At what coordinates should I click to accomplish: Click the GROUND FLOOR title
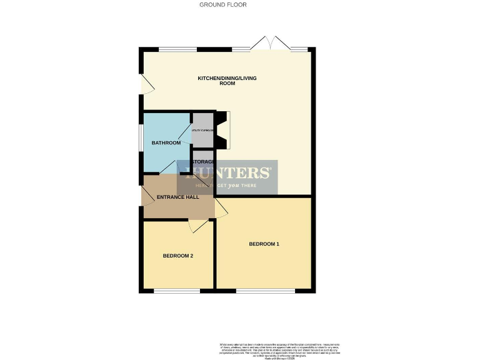222,4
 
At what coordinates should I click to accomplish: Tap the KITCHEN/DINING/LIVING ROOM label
227,81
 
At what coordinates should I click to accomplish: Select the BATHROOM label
166,143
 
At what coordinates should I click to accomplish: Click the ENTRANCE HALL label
178,197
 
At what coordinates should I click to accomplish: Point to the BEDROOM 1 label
264,244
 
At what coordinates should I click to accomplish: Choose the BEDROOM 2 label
177,256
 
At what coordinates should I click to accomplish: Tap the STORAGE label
202,162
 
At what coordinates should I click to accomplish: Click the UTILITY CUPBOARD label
203,131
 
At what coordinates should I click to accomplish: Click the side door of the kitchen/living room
146,85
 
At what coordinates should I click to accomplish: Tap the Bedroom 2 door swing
199,226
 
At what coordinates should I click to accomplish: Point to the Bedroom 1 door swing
222,209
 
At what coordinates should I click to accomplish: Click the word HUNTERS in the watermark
227,173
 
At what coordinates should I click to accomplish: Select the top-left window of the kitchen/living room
177,49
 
